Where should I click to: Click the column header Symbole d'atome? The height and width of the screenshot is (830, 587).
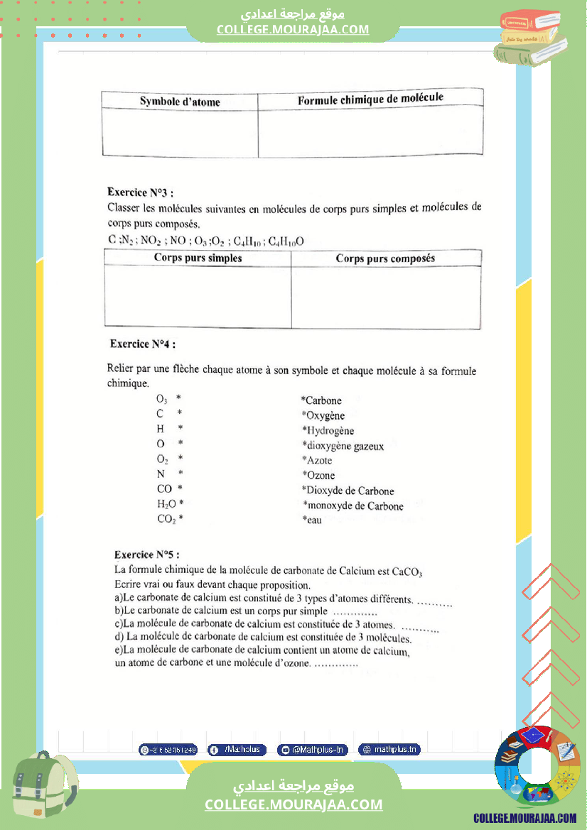[180, 102]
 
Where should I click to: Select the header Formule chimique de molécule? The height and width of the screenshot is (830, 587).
[370, 99]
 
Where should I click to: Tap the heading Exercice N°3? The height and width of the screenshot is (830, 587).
[140, 192]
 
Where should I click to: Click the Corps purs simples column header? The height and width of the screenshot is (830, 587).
[198, 258]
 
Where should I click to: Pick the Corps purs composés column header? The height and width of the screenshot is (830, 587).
[385, 258]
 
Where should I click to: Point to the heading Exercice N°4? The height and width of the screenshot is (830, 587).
[143, 344]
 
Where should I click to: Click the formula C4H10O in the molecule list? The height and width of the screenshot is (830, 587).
[286, 241]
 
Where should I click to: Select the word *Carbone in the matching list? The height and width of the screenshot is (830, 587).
[321, 400]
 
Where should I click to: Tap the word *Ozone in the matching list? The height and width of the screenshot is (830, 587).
[318, 475]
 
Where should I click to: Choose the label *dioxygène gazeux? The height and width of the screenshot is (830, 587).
[343, 446]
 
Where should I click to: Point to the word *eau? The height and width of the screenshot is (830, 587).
[313, 520]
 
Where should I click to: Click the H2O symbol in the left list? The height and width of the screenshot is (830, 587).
[167, 504]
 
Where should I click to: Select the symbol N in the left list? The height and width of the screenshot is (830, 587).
[161, 474]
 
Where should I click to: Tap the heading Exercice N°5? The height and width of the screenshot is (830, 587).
[147, 554]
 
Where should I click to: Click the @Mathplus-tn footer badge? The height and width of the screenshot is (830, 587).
[312, 750]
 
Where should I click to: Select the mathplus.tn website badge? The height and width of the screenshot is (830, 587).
[389, 750]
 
